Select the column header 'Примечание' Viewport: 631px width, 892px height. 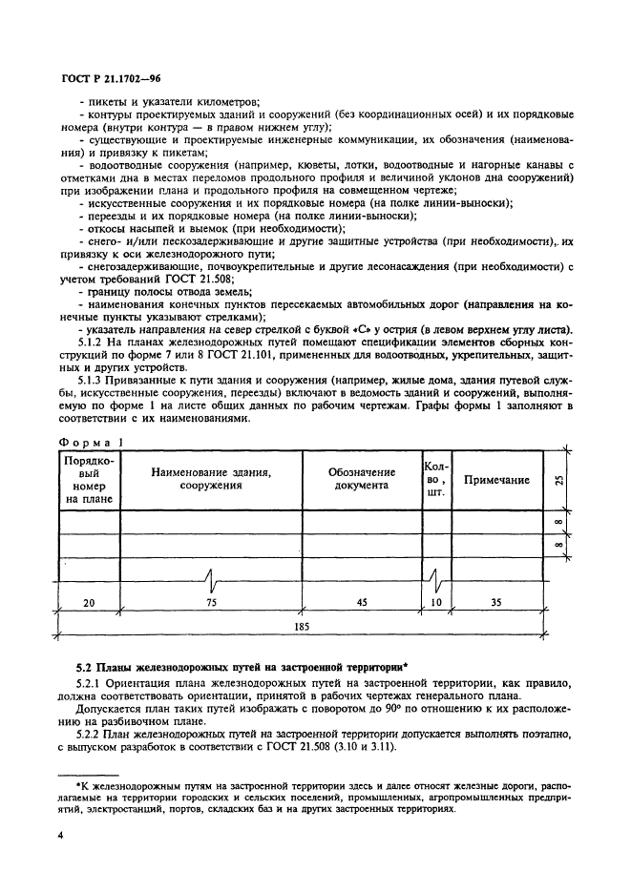pyautogui.click(x=496, y=480)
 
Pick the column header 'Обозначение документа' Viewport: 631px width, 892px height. pyautogui.click(x=362, y=478)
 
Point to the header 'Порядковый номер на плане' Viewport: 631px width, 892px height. pyautogui.click(x=89, y=479)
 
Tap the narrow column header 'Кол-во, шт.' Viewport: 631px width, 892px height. pyautogui.click(x=435, y=480)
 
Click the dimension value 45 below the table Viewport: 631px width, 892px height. pyautogui.click(x=362, y=603)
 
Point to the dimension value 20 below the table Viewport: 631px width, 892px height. pyautogui.click(x=89, y=603)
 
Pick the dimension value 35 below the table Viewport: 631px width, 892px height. pyautogui.click(x=495, y=603)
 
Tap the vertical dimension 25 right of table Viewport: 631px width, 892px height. pyautogui.click(x=557, y=479)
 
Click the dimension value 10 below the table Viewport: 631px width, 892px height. pyautogui.click(x=435, y=603)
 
